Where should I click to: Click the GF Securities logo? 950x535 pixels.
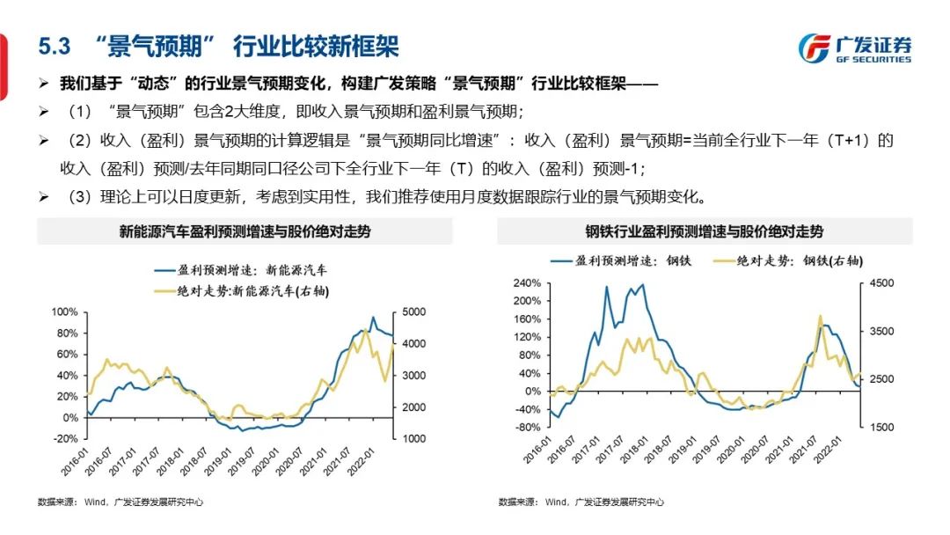pos(855,48)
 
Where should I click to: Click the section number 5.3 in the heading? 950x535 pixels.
pos(55,47)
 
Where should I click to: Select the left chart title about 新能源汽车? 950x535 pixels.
pos(245,232)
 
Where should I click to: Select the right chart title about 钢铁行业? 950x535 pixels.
pos(705,232)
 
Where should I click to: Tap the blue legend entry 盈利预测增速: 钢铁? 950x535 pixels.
pos(616,260)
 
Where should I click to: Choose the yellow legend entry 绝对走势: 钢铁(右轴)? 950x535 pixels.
pos(787,260)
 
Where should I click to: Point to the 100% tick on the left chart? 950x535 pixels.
pos(65,312)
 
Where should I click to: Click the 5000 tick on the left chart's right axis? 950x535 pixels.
pos(416,312)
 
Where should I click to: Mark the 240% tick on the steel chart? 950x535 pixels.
pos(526,283)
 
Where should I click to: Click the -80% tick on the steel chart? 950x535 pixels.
pos(526,427)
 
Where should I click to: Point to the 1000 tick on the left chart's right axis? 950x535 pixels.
pos(416,438)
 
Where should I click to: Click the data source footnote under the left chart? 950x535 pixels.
pos(121,502)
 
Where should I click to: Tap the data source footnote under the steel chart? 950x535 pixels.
pos(581,502)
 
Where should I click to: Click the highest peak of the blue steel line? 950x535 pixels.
pos(641,284)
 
